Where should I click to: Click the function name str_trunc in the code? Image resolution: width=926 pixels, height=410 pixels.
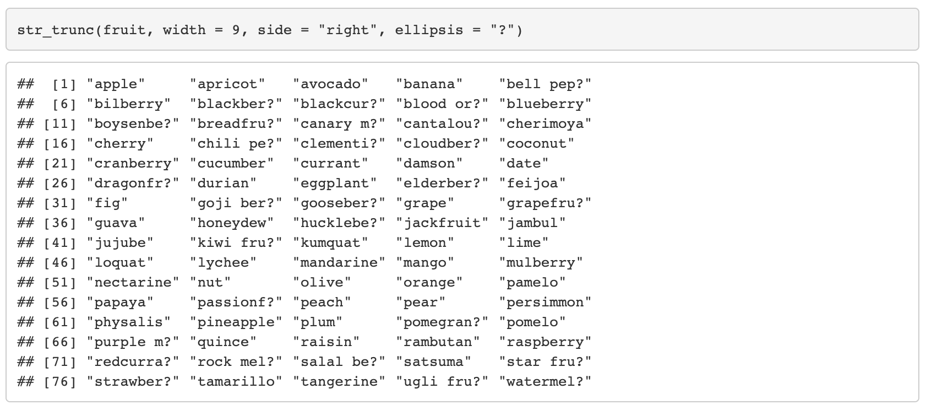click(x=56, y=30)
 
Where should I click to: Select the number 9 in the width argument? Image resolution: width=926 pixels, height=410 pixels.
click(x=236, y=30)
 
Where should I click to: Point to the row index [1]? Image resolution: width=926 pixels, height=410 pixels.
click(x=64, y=84)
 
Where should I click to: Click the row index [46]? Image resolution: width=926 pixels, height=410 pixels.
click(x=60, y=263)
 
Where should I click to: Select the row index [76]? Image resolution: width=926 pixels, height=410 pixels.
click(x=60, y=382)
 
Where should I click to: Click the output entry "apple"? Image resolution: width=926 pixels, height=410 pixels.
click(x=116, y=84)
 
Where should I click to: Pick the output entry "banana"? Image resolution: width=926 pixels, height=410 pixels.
click(x=429, y=84)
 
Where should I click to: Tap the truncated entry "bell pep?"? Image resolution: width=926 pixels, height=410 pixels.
click(x=545, y=84)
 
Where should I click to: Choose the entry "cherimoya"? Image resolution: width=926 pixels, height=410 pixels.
click(x=545, y=124)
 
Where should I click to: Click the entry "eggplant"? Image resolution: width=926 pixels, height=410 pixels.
click(x=335, y=184)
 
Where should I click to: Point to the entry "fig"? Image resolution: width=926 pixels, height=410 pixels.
click(x=107, y=203)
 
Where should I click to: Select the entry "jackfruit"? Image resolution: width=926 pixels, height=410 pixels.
click(x=442, y=223)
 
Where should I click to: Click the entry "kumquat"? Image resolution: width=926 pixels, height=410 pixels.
click(x=330, y=243)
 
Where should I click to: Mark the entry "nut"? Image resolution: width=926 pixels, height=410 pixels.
click(x=210, y=283)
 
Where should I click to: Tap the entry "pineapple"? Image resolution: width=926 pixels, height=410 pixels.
click(x=236, y=322)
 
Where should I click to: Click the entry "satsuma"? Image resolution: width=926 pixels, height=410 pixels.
click(x=434, y=362)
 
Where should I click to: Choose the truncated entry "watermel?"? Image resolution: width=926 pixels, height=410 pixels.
click(x=545, y=382)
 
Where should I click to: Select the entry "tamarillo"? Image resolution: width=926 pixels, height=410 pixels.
click(x=236, y=382)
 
